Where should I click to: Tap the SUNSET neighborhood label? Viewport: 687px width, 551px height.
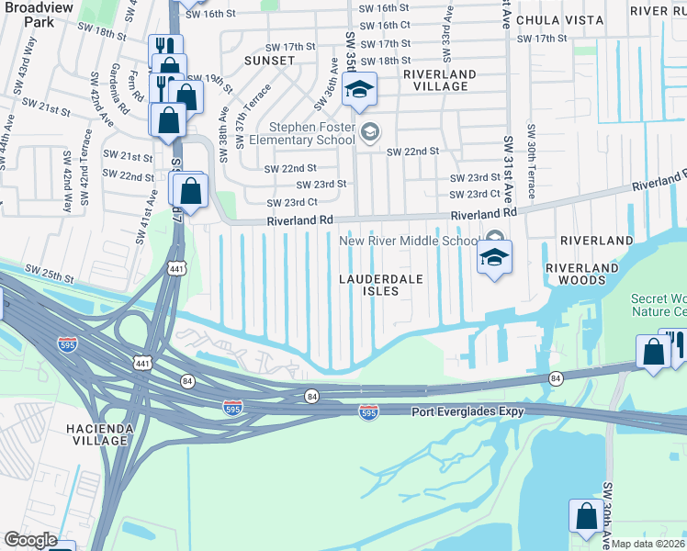pyautogui.click(x=269, y=61)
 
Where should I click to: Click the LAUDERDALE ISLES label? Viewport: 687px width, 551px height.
pyautogui.click(x=369, y=285)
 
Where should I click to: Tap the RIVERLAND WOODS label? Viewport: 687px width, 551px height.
pyautogui.click(x=576, y=275)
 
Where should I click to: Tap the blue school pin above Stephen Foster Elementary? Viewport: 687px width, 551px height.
pyautogui.click(x=359, y=90)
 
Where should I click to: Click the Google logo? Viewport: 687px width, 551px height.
pyautogui.click(x=30, y=540)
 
